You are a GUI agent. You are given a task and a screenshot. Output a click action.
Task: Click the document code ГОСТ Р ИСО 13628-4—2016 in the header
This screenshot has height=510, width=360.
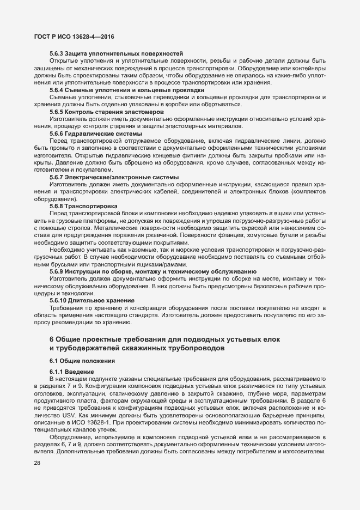[74, 37]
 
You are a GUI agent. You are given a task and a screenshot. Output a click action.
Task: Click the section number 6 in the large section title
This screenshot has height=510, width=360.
[52, 339]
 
